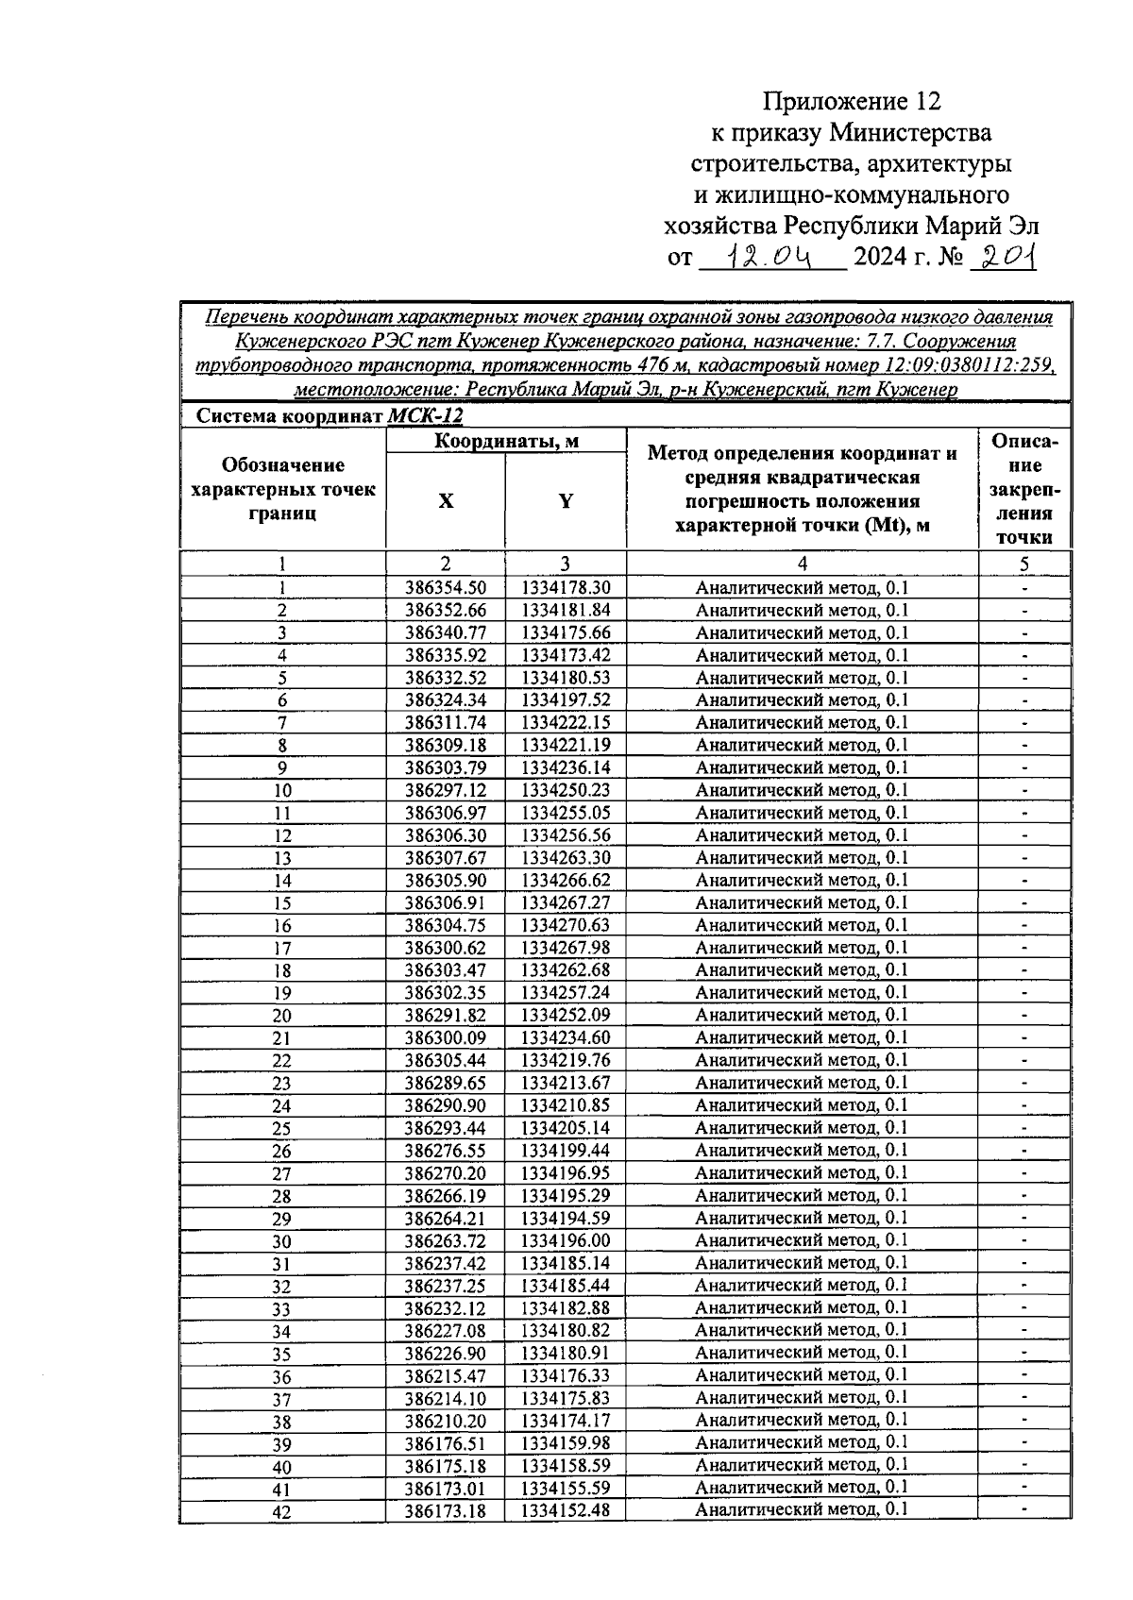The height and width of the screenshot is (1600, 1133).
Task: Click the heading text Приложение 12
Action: pyautogui.click(x=853, y=101)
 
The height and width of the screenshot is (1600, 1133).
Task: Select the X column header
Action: pyautogui.click(x=446, y=501)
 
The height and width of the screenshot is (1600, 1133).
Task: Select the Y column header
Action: pyautogui.click(x=565, y=501)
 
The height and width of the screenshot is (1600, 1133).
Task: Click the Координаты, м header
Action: pyautogui.click(x=506, y=441)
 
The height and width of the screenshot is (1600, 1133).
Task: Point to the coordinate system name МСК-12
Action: pyautogui.click(x=426, y=416)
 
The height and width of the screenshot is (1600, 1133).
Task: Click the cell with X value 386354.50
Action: pyautogui.click(x=446, y=587)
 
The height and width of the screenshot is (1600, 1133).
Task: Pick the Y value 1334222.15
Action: pyautogui.click(x=566, y=722)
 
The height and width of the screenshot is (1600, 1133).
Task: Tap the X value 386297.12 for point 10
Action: pyautogui.click(x=446, y=790)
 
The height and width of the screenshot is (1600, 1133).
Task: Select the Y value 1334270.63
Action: pyautogui.click(x=566, y=925)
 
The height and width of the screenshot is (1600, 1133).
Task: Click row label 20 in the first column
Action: pyautogui.click(x=282, y=1016)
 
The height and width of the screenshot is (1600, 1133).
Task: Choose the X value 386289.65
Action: pyautogui.click(x=446, y=1083)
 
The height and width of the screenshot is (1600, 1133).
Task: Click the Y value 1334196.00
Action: pyautogui.click(x=566, y=1240)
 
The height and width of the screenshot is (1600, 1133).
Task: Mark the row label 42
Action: pyautogui.click(x=282, y=1511)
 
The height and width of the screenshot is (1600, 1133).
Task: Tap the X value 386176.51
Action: pyautogui.click(x=446, y=1443)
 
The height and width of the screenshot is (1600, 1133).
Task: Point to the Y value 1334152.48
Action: pyautogui.click(x=566, y=1510)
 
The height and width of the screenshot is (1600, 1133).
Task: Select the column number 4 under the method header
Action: pyautogui.click(x=802, y=564)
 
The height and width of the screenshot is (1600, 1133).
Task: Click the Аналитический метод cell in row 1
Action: pyautogui.click(x=802, y=587)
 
